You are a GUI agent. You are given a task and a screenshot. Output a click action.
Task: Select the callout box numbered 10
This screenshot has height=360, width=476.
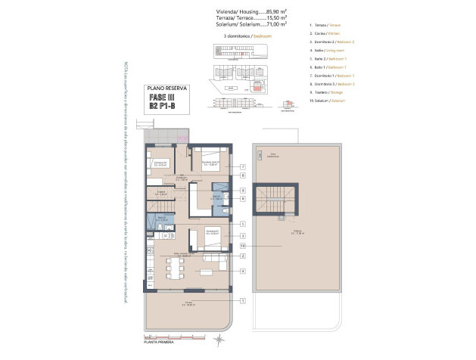242,246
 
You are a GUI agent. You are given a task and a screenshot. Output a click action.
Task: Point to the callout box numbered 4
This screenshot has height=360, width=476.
242,271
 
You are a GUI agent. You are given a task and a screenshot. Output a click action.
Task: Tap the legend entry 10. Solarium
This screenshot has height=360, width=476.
331,101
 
